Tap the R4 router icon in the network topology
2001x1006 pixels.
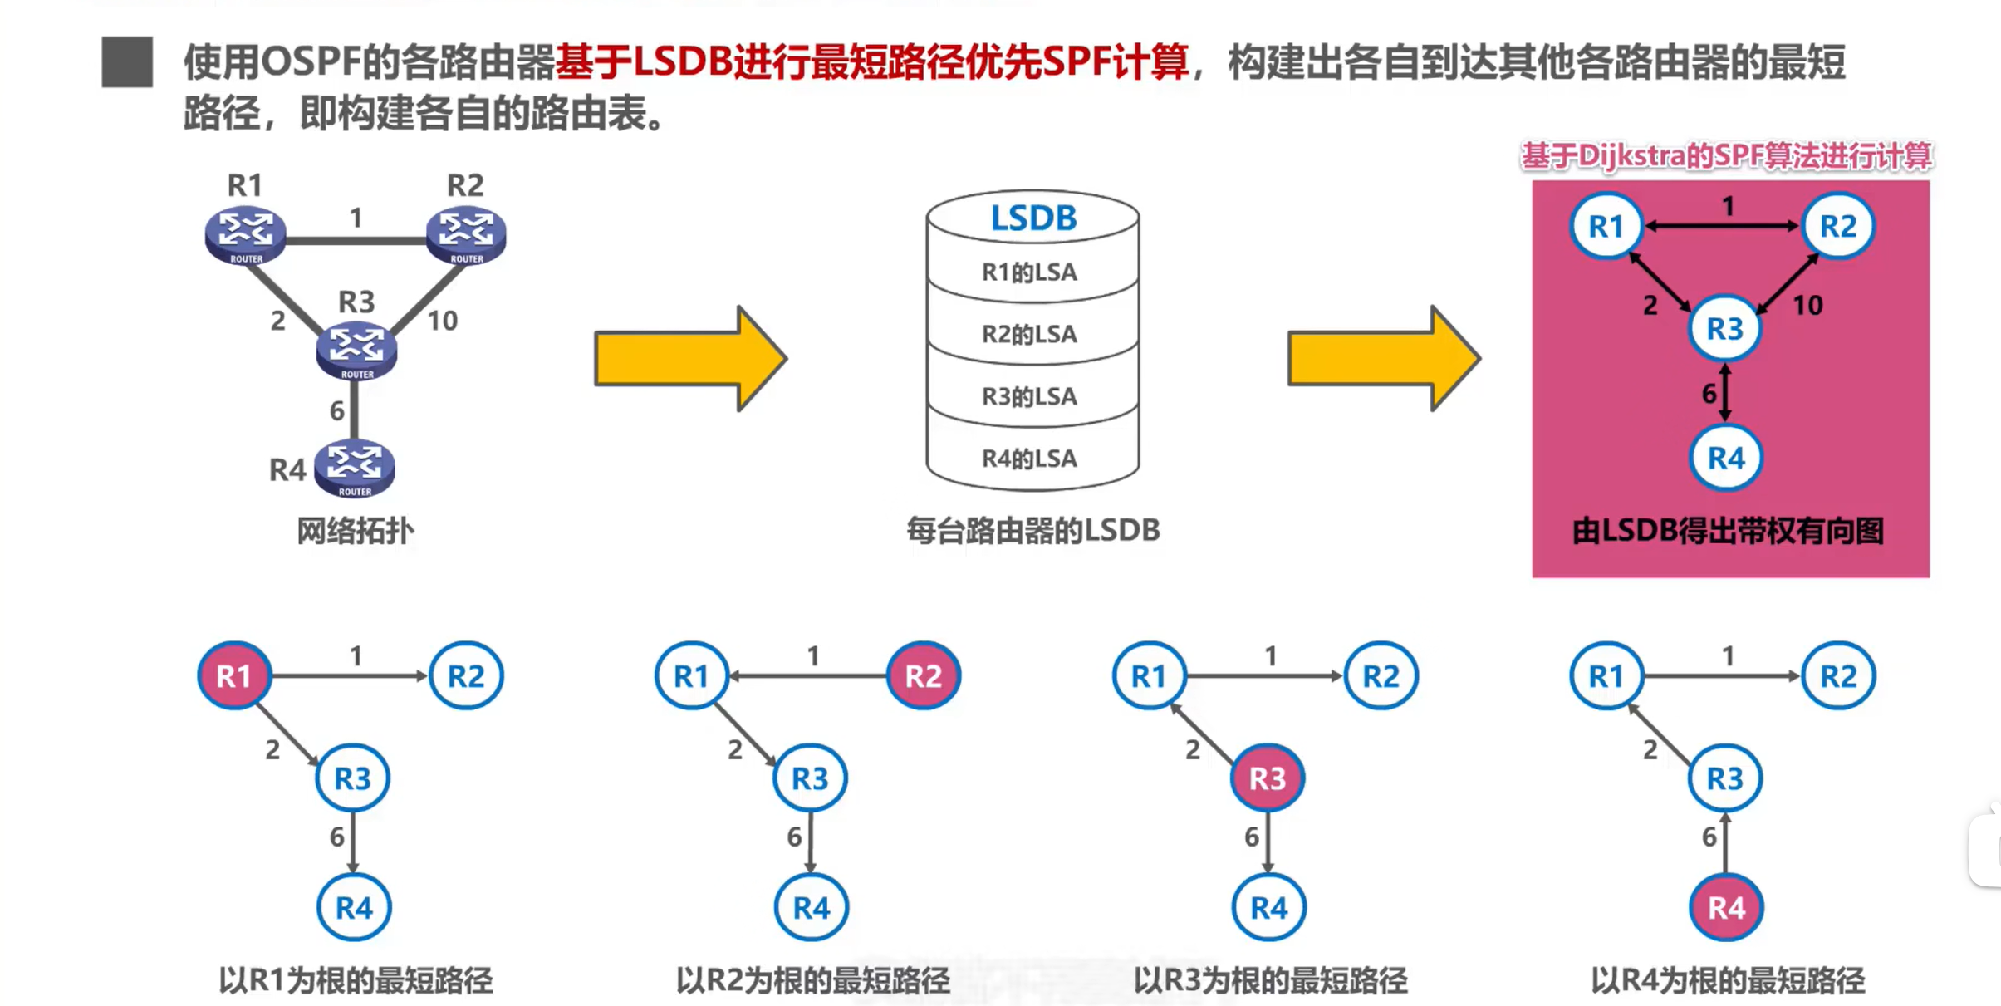pos(355,467)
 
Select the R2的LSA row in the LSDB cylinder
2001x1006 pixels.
pos(1030,334)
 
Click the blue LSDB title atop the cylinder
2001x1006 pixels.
pos(1033,218)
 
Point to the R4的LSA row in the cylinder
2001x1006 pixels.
pos(1030,459)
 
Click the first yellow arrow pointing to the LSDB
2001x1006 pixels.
pos(689,359)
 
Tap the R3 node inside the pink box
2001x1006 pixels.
pos(1724,329)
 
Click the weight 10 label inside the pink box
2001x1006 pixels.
pos(1807,306)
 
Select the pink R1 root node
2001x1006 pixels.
pos(234,676)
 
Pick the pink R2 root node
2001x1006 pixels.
pos(923,676)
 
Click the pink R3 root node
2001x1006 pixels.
pos(1268,778)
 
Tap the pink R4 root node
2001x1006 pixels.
pos(1725,907)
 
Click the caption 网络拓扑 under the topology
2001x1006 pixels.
pos(355,531)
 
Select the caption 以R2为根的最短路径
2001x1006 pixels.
pos(812,981)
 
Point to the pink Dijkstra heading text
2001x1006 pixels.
pos(1726,156)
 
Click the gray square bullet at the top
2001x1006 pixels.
pos(127,62)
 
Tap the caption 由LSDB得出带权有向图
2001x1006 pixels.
pos(1728,531)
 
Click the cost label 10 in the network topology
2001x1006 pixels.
pos(442,321)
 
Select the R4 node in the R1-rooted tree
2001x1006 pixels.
pos(354,907)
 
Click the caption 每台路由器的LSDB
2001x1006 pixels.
pos(1032,530)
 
